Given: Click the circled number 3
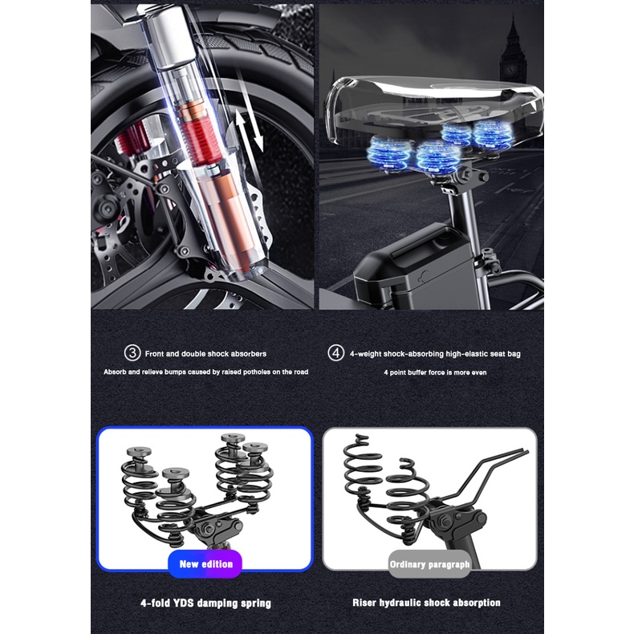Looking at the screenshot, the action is (132, 353).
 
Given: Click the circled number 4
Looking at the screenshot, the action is (335, 353).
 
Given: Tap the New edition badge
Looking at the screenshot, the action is (205, 563).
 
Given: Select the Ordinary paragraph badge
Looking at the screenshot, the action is (429, 564).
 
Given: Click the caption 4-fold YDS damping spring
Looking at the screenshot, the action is (205, 604).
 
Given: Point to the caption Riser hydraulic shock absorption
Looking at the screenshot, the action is (426, 603).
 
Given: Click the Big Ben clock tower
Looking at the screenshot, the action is (513, 52).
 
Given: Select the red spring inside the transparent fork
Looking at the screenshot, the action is (200, 141).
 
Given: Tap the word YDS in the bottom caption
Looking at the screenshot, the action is (184, 604).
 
